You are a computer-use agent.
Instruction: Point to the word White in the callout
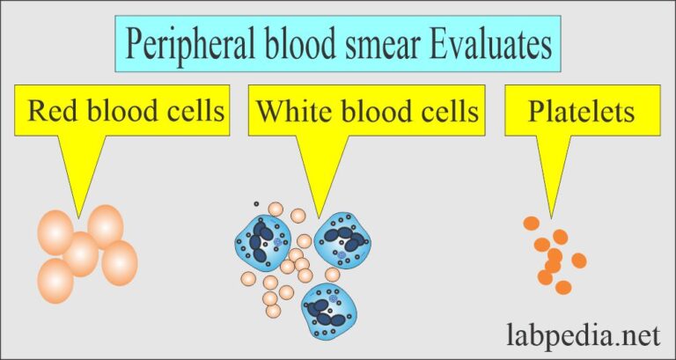pos(290,112)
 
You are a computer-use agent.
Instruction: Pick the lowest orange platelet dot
pos(563,287)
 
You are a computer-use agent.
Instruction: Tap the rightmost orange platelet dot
pos(578,260)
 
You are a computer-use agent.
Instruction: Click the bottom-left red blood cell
pos(56,281)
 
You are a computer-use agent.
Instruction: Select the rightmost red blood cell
pos(120,263)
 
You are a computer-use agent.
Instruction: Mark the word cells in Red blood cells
pos(192,112)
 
